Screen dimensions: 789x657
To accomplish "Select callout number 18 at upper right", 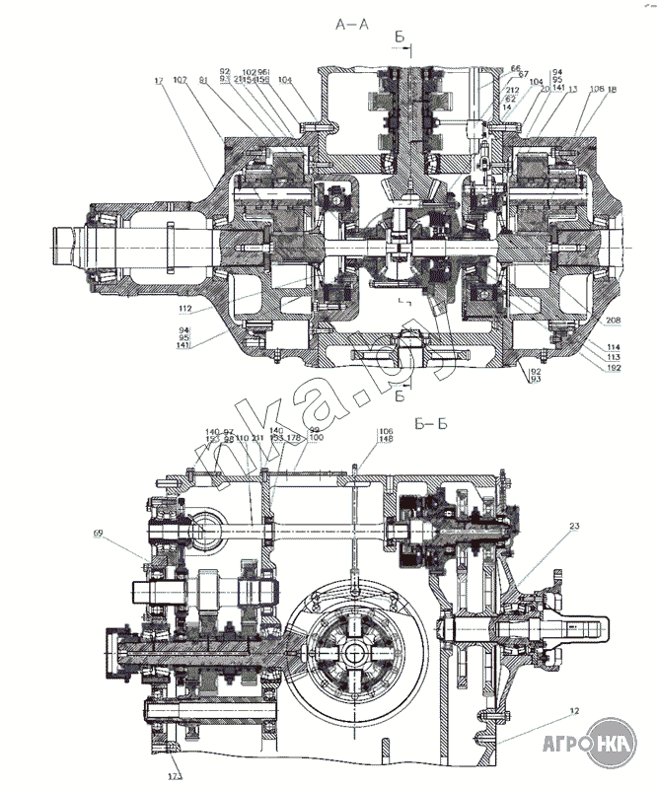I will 613,89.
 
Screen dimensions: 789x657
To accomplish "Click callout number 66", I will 516,68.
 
